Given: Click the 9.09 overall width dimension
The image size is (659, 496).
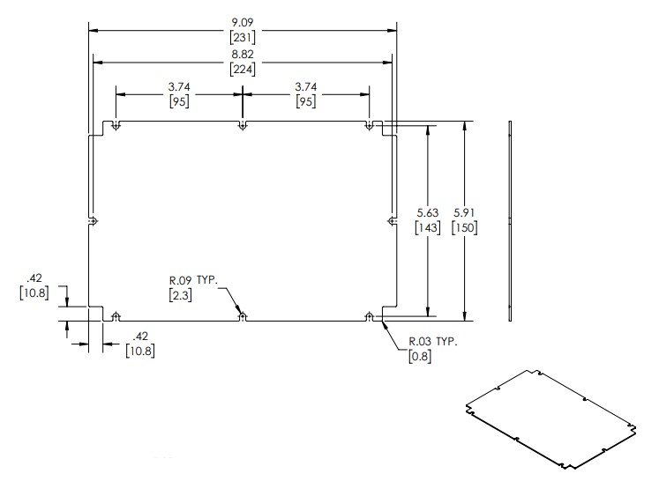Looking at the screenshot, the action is (x=243, y=22).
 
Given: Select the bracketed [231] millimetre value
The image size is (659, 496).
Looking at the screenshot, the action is (x=243, y=37).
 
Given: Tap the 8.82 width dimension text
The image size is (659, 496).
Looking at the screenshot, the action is (x=243, y=54).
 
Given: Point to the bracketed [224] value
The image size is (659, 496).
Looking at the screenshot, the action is (x=243, y=69).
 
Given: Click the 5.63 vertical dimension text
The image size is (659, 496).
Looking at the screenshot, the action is (x=428, y=212).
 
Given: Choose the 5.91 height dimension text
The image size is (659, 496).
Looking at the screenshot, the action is (x=464, y=212).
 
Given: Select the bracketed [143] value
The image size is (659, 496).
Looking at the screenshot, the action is (x=428, y=228).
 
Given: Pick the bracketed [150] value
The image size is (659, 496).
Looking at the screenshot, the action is (x=464, y=228).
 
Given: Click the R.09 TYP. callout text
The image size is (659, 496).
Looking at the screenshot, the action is (x=194, y=280).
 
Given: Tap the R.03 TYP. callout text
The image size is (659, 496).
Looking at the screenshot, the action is (x=433, y=342).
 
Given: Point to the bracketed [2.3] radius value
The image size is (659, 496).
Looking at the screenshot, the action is (x=180, y=295).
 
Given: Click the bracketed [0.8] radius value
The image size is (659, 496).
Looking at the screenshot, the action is (x=420, y=357).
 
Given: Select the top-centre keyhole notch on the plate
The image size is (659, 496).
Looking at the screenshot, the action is (x=243, y=125).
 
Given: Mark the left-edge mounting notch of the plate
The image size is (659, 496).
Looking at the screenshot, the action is (x=93, y=221).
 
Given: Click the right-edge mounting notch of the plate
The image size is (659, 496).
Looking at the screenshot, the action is (x=392, y=221).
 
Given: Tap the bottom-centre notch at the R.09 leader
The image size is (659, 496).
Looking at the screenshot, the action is (x=243, y=317).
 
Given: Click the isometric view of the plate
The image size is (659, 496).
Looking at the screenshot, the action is (x=551, y=419).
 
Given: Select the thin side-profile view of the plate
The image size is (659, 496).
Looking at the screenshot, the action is (x=510, y=221).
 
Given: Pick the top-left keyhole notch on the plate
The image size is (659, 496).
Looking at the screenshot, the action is (x=116, y=125).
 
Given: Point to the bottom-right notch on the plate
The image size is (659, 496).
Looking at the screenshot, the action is (x=369, y=317).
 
